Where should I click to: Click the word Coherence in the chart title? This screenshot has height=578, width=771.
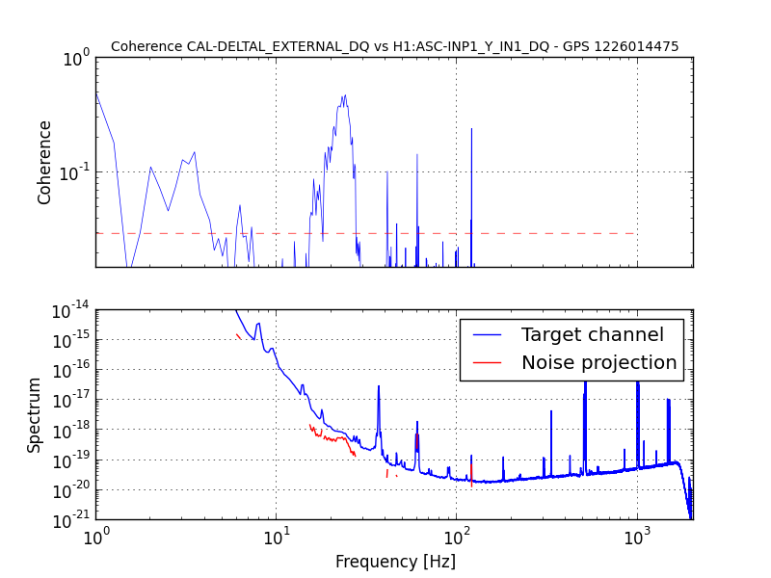click(146, 46)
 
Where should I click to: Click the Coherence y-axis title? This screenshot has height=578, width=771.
click(44, 163)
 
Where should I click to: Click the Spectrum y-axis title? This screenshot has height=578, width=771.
click(34, 415)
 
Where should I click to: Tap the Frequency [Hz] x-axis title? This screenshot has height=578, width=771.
click(395, 562)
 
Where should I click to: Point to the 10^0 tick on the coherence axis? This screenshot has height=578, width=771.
click(77, 58)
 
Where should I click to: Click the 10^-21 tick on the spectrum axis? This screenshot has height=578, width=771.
click(71, 520)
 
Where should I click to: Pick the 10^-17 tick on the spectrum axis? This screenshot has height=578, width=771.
click(71, 400)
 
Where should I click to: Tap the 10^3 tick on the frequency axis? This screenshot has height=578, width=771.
click(637, 537)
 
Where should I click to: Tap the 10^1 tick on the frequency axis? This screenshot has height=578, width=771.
click(276, 537)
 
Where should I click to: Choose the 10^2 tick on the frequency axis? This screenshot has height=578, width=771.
click(456, 537)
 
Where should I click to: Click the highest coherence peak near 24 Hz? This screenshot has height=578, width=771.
click(345, 95)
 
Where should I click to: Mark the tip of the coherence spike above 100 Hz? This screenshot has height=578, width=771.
click(471, 129)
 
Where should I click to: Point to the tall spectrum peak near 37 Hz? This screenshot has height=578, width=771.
click(379, 386)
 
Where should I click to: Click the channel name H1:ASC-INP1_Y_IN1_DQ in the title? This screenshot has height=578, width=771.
click(470, 46)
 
